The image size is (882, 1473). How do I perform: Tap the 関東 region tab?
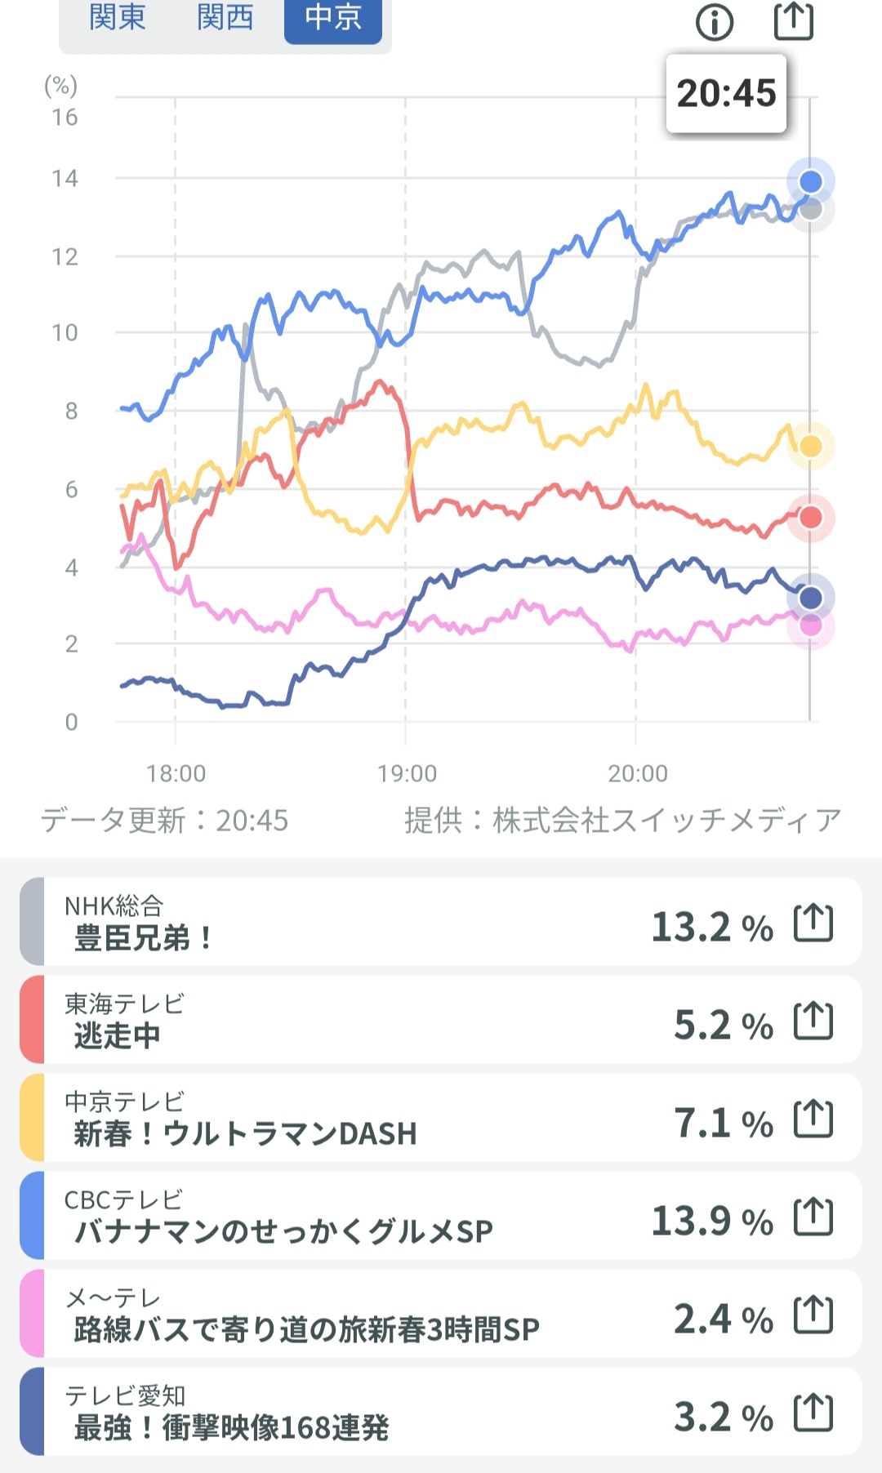(x=117, y=17)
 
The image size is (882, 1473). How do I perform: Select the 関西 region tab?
(x=225, y=17)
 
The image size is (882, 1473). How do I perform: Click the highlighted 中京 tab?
(x=333, y=17)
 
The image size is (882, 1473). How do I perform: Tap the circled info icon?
(x=715, y=22)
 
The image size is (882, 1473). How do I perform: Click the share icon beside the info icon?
(x=794, y=21)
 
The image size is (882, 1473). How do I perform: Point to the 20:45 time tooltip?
(x=726, y=93)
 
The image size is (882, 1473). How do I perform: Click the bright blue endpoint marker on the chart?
(x=810, y=181)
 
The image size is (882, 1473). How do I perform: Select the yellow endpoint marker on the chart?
(x=810, y=446)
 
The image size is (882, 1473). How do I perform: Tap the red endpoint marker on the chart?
(x=810, y=517)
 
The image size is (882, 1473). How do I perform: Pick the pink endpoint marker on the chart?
(x=810, y=625)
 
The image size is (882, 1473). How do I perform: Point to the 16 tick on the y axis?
(x=65, y=118)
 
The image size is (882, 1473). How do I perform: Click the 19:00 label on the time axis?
(x=407, y=773)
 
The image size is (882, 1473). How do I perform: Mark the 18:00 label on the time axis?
(x=176, y=773)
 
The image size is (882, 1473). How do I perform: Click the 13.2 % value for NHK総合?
(x=712, y=928)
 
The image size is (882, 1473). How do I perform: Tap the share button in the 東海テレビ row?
(x=813, y=1021)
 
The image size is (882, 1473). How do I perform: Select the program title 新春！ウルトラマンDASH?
(x=245, y=1133)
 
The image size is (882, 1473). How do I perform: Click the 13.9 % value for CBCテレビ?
(x=712, y=1222)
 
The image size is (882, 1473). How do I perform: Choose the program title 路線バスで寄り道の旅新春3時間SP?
(x=306, y=1329)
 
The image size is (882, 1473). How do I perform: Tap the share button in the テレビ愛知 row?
(x=813, y=1413)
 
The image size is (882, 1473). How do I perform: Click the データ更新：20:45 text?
(x=165, y=820)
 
